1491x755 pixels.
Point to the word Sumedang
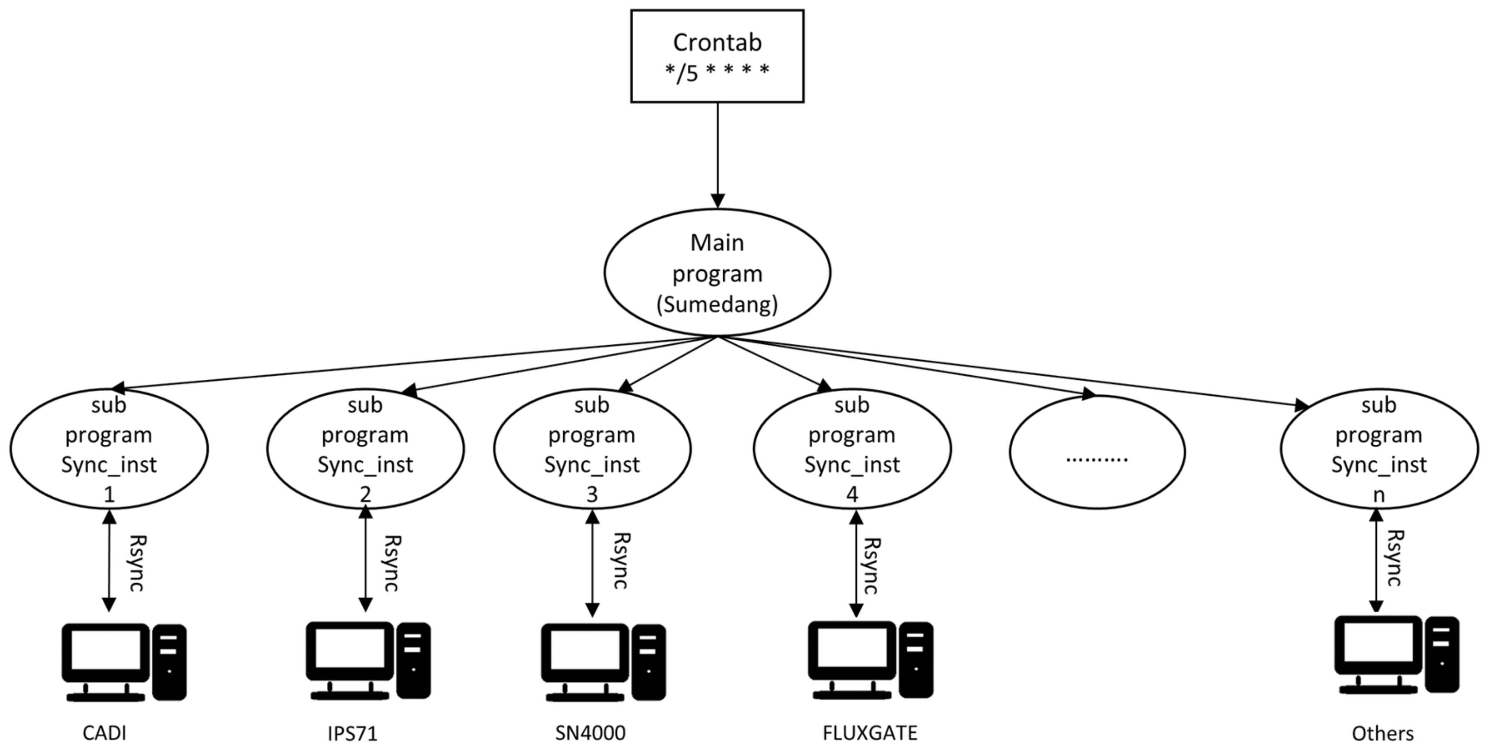716,304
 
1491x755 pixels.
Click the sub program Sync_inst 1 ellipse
109,449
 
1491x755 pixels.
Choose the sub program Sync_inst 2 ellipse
365,449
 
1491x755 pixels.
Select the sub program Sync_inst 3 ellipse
592,449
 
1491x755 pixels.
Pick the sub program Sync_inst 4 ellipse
852,449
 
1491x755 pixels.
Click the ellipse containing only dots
1097,451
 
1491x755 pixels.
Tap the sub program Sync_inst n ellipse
1379,449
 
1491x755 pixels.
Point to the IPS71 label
352,734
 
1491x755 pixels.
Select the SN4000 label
590,733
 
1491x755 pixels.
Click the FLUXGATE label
870,733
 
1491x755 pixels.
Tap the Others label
1382,734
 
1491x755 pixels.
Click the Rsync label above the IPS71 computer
392,563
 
